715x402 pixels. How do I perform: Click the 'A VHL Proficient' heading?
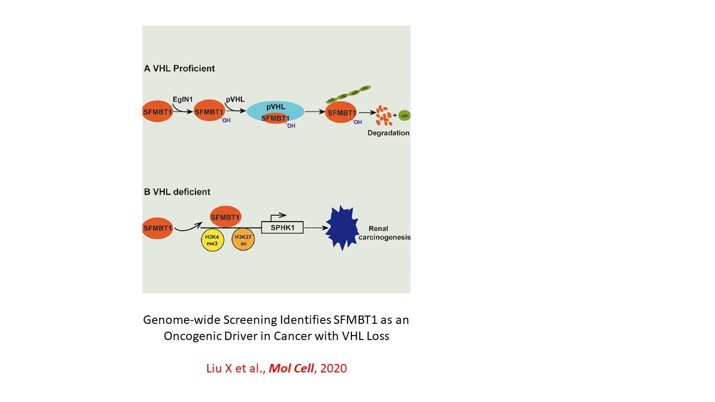point(179,69)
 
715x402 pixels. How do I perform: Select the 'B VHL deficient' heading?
point(177,192)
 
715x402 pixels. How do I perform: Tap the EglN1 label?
point(182,99)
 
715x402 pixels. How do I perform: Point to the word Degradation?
point(388,133)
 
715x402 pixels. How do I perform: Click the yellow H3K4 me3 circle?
point(212,240)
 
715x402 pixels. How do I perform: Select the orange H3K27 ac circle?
point(243,240)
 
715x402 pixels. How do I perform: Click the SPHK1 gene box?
point(282,228)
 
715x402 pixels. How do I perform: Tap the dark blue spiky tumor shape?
point(342,228)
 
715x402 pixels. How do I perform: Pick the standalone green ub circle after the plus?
point(404,116)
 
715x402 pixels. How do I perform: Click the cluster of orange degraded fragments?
point(384,115)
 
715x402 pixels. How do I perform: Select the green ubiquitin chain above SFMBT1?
point(349,94)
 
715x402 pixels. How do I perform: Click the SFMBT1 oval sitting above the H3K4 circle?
point(226,217)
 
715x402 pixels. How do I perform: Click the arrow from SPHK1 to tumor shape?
point(314,228)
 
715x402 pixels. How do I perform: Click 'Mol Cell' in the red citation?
point(292,368)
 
